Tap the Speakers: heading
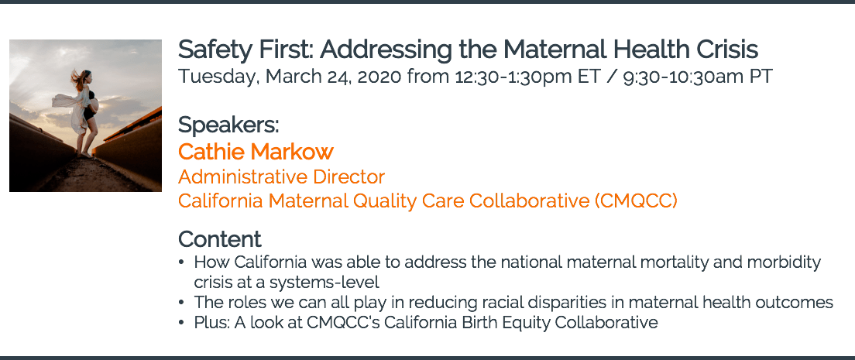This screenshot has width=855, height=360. coord(228,125)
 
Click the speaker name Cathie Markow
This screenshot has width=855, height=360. coord(256,152)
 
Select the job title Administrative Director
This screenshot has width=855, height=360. coord(281,177)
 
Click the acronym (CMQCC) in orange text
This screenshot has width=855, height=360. coord(636,201)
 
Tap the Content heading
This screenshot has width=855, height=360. coord(220,239)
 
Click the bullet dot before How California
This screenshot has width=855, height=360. coord(181,263)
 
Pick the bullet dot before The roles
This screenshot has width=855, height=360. coord(181,303)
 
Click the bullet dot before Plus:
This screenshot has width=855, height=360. coord(181,323)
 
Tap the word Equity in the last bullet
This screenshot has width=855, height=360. coord(520,323)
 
